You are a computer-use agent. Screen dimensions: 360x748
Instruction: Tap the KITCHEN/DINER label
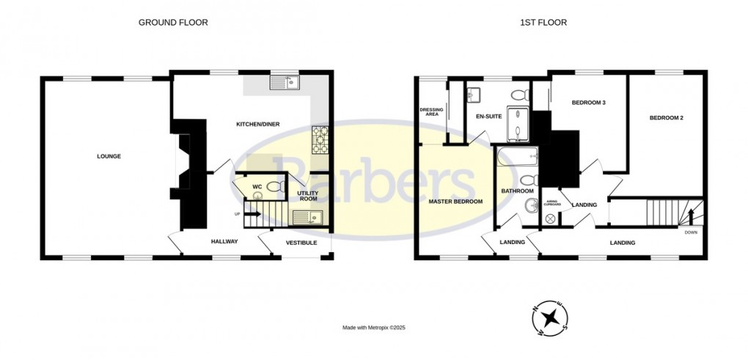point(257,124)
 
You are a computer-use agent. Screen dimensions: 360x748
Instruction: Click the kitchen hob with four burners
point(320,139)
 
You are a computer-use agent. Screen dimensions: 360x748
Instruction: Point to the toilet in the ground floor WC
point(274,187)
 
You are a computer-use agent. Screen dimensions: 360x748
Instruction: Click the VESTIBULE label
point(301,242)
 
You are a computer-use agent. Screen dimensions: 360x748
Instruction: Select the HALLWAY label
point(225,241)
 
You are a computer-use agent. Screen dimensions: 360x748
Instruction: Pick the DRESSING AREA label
point(430,111)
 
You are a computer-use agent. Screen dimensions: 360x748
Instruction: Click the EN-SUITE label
point(488,117)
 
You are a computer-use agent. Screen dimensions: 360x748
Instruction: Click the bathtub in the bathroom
point(518,156)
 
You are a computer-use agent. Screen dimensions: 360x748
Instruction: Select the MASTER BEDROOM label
point(455,201)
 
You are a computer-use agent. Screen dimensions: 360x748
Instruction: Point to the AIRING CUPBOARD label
point(552,204)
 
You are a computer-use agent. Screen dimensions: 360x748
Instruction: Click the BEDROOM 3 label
point(588,103)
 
